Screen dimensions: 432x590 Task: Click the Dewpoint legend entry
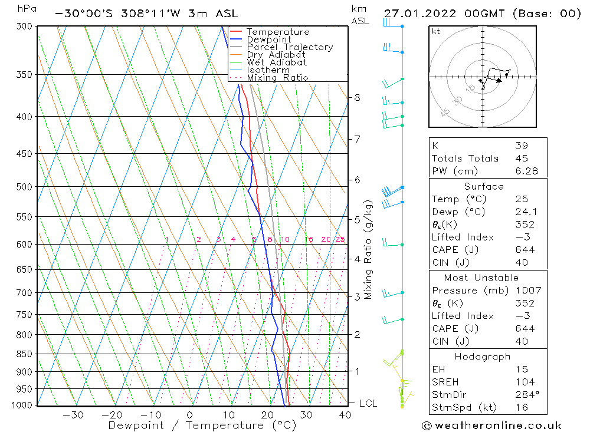click(x=269, y=39)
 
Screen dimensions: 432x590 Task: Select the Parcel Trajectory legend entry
click(x=290, y=47)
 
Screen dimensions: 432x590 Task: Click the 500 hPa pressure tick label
click(x=24, y=187)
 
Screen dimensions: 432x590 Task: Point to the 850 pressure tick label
click(x=24, y=354)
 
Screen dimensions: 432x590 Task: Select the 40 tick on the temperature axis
click(x=345, y=415)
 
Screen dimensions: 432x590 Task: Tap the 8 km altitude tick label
click(x=357, y=97)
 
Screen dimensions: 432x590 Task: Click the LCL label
click(x=368, y=404)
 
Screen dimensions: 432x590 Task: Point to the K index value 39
click(x=521, y=146)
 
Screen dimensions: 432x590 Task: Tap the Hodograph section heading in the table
click(x=483, y=357)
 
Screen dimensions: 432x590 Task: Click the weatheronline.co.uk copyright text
click(x=491, y=426)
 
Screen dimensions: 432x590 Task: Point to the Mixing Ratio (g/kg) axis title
click(x=369, y=250)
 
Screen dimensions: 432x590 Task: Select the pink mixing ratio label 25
click(x=340, y=239)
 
